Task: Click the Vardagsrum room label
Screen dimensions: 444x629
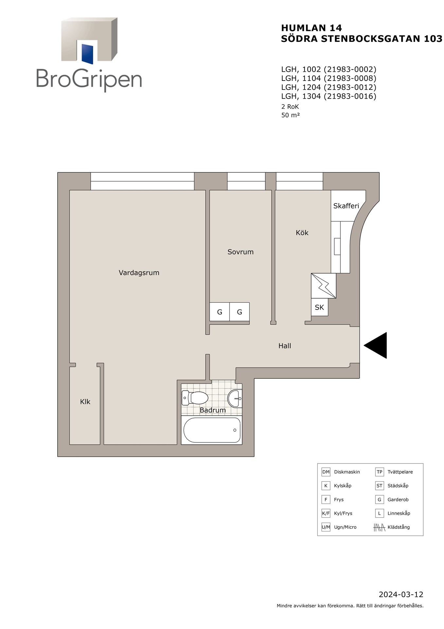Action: coord(139,273)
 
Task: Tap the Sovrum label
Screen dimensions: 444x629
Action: coord(240,252)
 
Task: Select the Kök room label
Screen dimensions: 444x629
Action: coord(302,233)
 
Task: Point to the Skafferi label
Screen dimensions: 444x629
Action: coord(346,206)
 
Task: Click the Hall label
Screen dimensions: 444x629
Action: coord(285,346)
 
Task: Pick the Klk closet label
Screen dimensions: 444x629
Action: coord(85,402)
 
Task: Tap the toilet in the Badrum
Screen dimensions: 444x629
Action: coord(195,398)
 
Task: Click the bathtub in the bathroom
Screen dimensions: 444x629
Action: coord(212,430)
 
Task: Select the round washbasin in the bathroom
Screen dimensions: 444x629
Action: coord(235,398)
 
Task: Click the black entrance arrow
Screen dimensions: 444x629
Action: coord(376,345)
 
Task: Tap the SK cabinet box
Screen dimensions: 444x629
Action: coord(319,307)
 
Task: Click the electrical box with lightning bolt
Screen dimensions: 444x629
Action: coord(324,286)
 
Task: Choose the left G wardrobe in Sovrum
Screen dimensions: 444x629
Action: coord(220,312)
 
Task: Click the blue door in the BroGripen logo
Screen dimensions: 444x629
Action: coord(87,53)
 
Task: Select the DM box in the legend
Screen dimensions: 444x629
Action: coord(326,472)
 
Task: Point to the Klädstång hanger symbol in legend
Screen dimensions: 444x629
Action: coord(379,527)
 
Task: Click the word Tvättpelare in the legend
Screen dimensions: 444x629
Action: coord(400,472)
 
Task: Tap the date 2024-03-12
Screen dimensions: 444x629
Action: coord(401,595)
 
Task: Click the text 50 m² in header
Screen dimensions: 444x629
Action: coord(291,115)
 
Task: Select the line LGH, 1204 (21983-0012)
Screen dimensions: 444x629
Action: coord(329,87)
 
